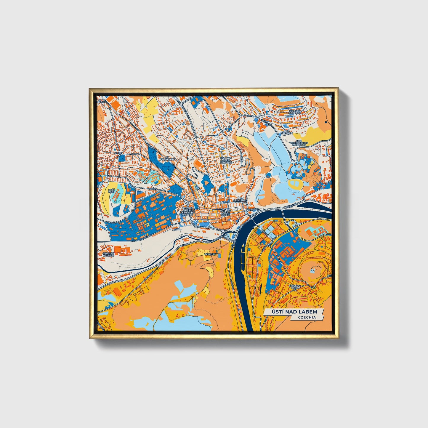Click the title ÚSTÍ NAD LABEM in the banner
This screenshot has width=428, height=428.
tap(294, 312)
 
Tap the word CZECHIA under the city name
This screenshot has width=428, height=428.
tap(307, 317)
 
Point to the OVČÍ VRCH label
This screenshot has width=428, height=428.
tap(111, 190)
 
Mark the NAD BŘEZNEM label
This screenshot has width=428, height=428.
tap(288, 132)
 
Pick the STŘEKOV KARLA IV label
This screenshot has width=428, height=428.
tap(295, 287)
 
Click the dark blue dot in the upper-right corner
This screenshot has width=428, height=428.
tap(326, 122)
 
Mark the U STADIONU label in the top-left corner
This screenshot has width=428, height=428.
tap(101, 102)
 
